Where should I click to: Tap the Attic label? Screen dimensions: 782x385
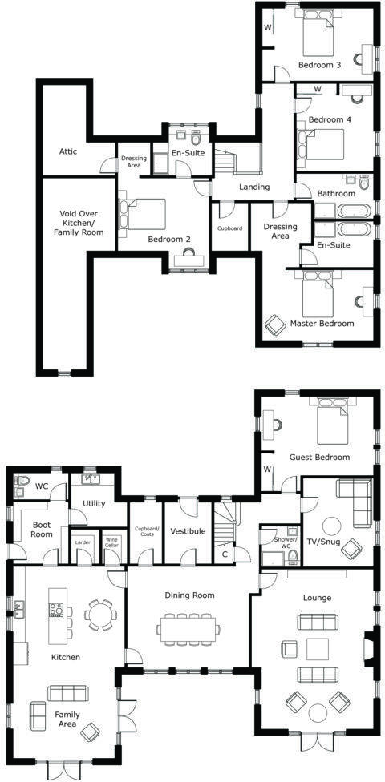click(x=68, y=151)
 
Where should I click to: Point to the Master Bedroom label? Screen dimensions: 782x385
click(x=322, y=324)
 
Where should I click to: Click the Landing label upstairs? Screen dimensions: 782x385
click(x=254, y=187)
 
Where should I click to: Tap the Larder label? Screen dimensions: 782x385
click(x=83, y=542)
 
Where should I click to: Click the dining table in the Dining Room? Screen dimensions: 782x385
click(x=188, y=628)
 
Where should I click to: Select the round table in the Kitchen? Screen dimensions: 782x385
click(x=100, y=616)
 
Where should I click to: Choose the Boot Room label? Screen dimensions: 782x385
click(x=42, y=530)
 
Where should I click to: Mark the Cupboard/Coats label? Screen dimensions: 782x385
click(x=146, y=531)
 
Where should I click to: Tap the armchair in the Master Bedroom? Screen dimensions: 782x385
click(x=276, y=324)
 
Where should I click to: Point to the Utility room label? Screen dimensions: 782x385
click(x=95, y=503)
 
